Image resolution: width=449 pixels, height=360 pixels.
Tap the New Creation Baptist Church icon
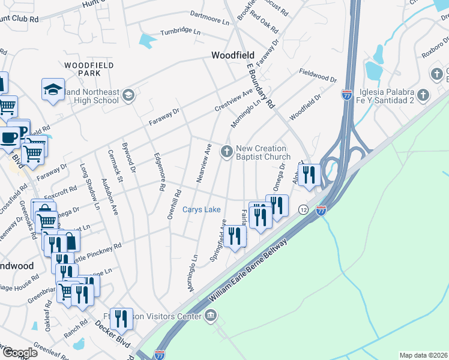click(227, 151)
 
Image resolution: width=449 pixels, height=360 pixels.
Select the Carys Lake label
click(202, 210)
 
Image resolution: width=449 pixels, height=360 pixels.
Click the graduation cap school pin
click(53, 90)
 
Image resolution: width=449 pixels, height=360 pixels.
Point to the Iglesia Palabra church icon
click(423, 95)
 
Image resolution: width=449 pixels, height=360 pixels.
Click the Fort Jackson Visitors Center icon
click(210, 316)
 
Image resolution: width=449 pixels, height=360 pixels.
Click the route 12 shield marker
click(304, 209)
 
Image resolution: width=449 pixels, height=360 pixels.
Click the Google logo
click(19, 353)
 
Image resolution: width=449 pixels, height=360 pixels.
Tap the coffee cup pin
click(10, 137)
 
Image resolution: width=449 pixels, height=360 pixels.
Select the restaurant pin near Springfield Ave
click(235, 236)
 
